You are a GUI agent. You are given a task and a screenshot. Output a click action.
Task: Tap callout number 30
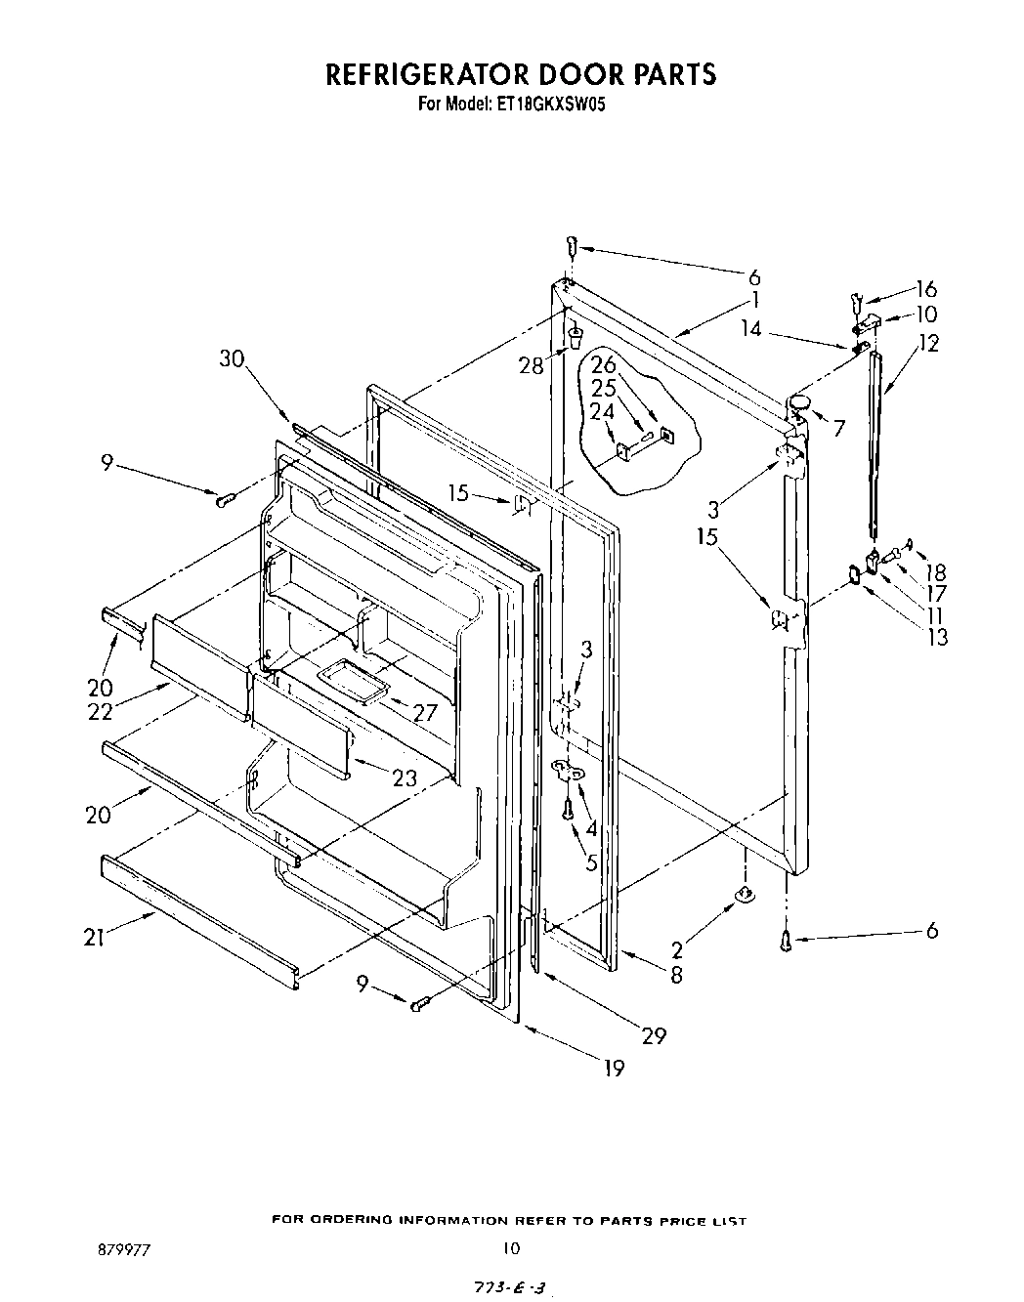click(232, 358)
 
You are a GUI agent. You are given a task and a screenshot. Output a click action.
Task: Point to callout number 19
click(613, 1068)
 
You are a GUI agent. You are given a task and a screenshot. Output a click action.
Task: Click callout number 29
click(653, 1035)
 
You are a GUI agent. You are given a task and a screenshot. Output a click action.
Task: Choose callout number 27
click(425, 712)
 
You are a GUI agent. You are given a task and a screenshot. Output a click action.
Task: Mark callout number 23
click(405, 778)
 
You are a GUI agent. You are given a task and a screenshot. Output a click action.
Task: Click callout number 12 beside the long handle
click(928, 343)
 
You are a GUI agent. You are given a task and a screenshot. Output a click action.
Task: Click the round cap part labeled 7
click(801, 402)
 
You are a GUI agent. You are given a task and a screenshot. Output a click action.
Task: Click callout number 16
click(925, 288)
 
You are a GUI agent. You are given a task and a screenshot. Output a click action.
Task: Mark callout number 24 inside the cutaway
click(603, 411)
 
